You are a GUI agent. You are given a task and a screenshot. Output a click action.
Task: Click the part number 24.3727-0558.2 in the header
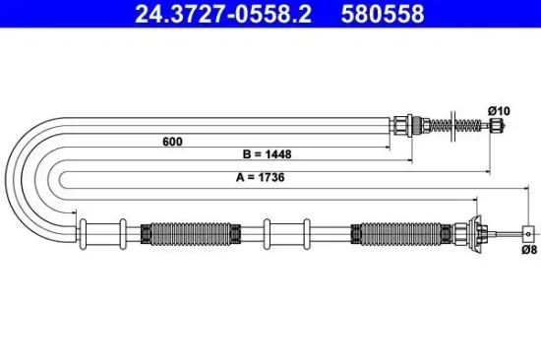click(x=203, y=14)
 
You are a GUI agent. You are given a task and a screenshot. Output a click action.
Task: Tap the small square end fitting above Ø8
click(x=529, y=234)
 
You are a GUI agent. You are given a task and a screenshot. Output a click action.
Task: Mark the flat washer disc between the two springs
click(x=455, y=125)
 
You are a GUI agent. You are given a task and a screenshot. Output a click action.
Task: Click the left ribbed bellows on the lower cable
click(x=191, y=234)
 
